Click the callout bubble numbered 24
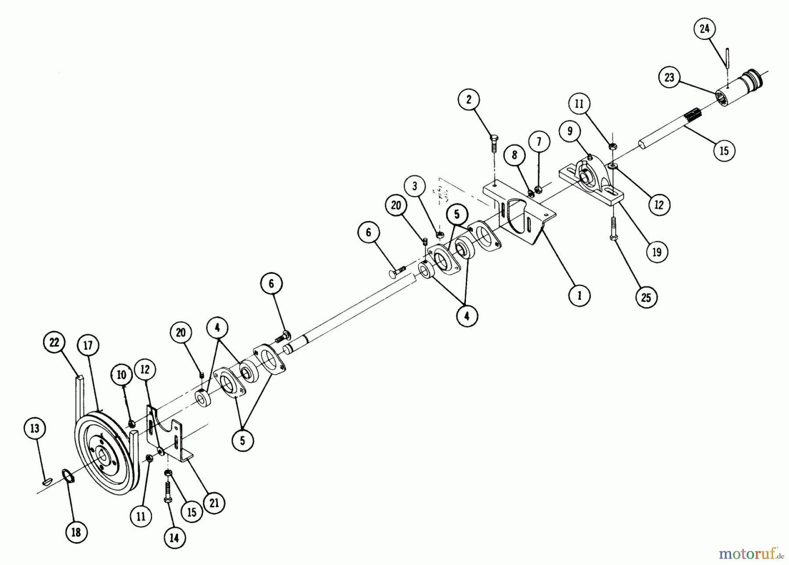[x=704, y=29]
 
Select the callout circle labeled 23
[x=669, y=78]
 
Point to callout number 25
[x=646, y=297]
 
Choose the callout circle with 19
[x=657, y=252]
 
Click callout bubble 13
[x=35, y=428]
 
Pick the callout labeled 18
[x=76, y=532]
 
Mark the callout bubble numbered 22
[x=54, y=342]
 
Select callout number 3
[x=415, y=186]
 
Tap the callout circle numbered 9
[x=569, y=131]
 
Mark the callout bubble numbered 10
[x=121, y=375]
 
